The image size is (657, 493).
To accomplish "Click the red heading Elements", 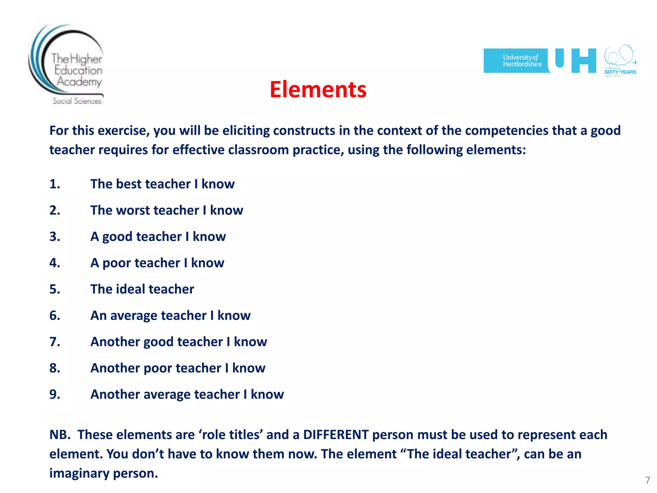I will coord(318,90).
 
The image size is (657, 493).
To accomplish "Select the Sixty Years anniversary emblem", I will coord(620,61).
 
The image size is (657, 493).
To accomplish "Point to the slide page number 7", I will coord(647,480).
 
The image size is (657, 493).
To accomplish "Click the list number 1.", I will coord(55,184).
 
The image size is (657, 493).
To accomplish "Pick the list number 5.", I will coord(55,290).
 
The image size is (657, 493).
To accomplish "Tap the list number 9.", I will coord(55,394).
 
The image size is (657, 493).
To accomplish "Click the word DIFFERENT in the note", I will coord(336,435).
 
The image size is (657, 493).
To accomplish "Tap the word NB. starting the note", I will coord(60,435).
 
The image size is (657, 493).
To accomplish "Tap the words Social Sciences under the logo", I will coord(77,101).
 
